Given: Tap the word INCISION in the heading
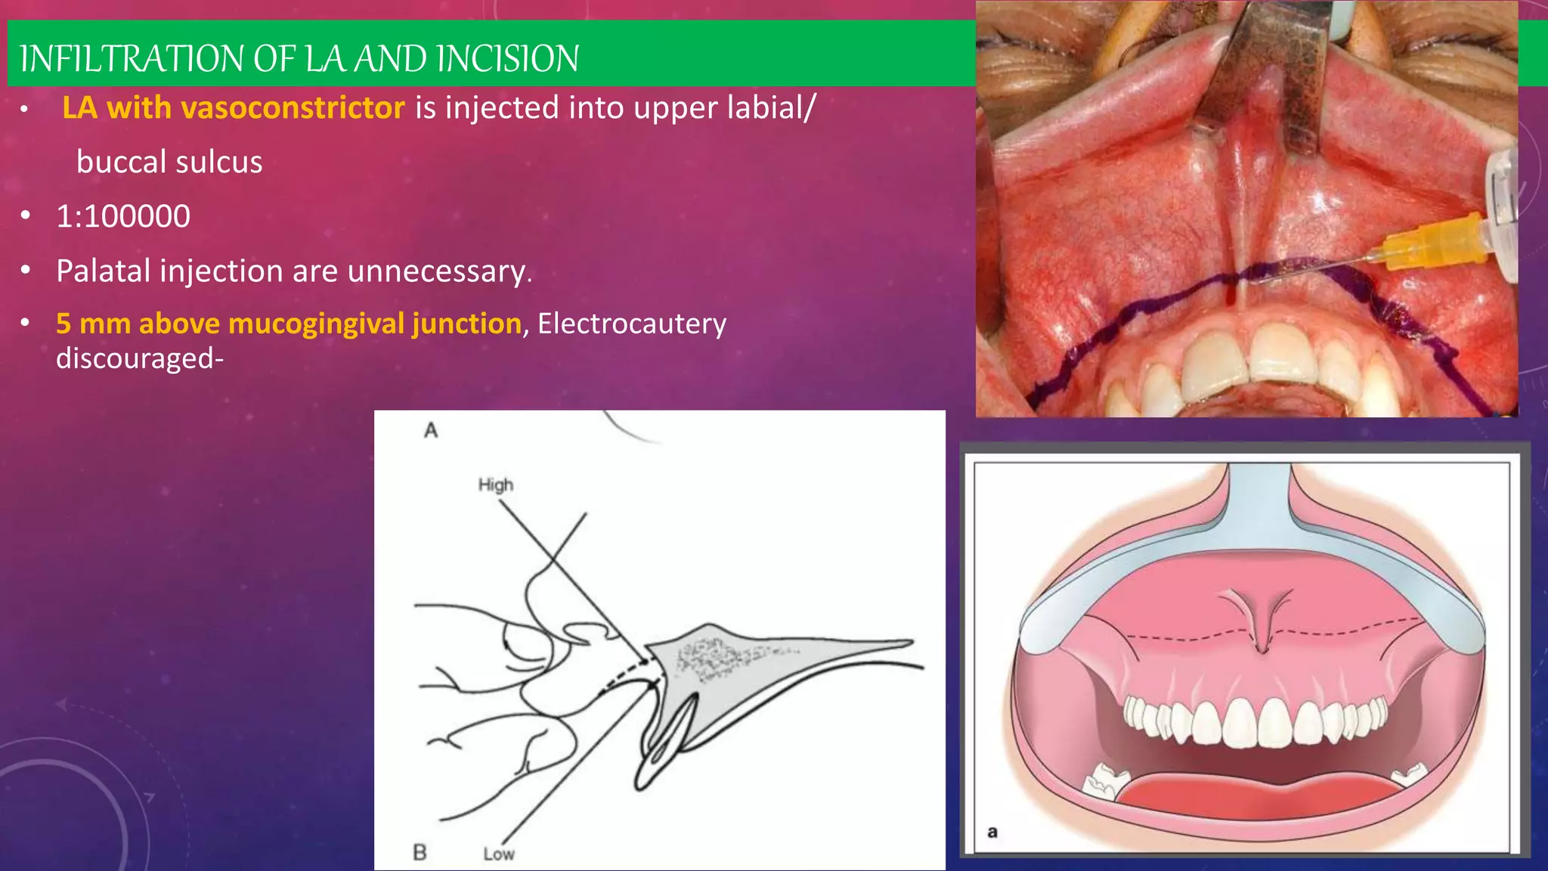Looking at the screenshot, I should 508,59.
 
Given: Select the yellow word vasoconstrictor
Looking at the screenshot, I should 293,108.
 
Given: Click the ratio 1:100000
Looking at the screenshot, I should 123,216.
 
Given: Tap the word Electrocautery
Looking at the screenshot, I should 632,324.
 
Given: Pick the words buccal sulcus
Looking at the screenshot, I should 169,162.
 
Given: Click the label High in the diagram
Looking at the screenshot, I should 495,485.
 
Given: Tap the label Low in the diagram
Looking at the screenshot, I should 499,854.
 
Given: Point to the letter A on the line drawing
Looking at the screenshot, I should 431,431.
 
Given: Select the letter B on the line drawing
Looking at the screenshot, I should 420,852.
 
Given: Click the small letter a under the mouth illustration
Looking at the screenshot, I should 992,832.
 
